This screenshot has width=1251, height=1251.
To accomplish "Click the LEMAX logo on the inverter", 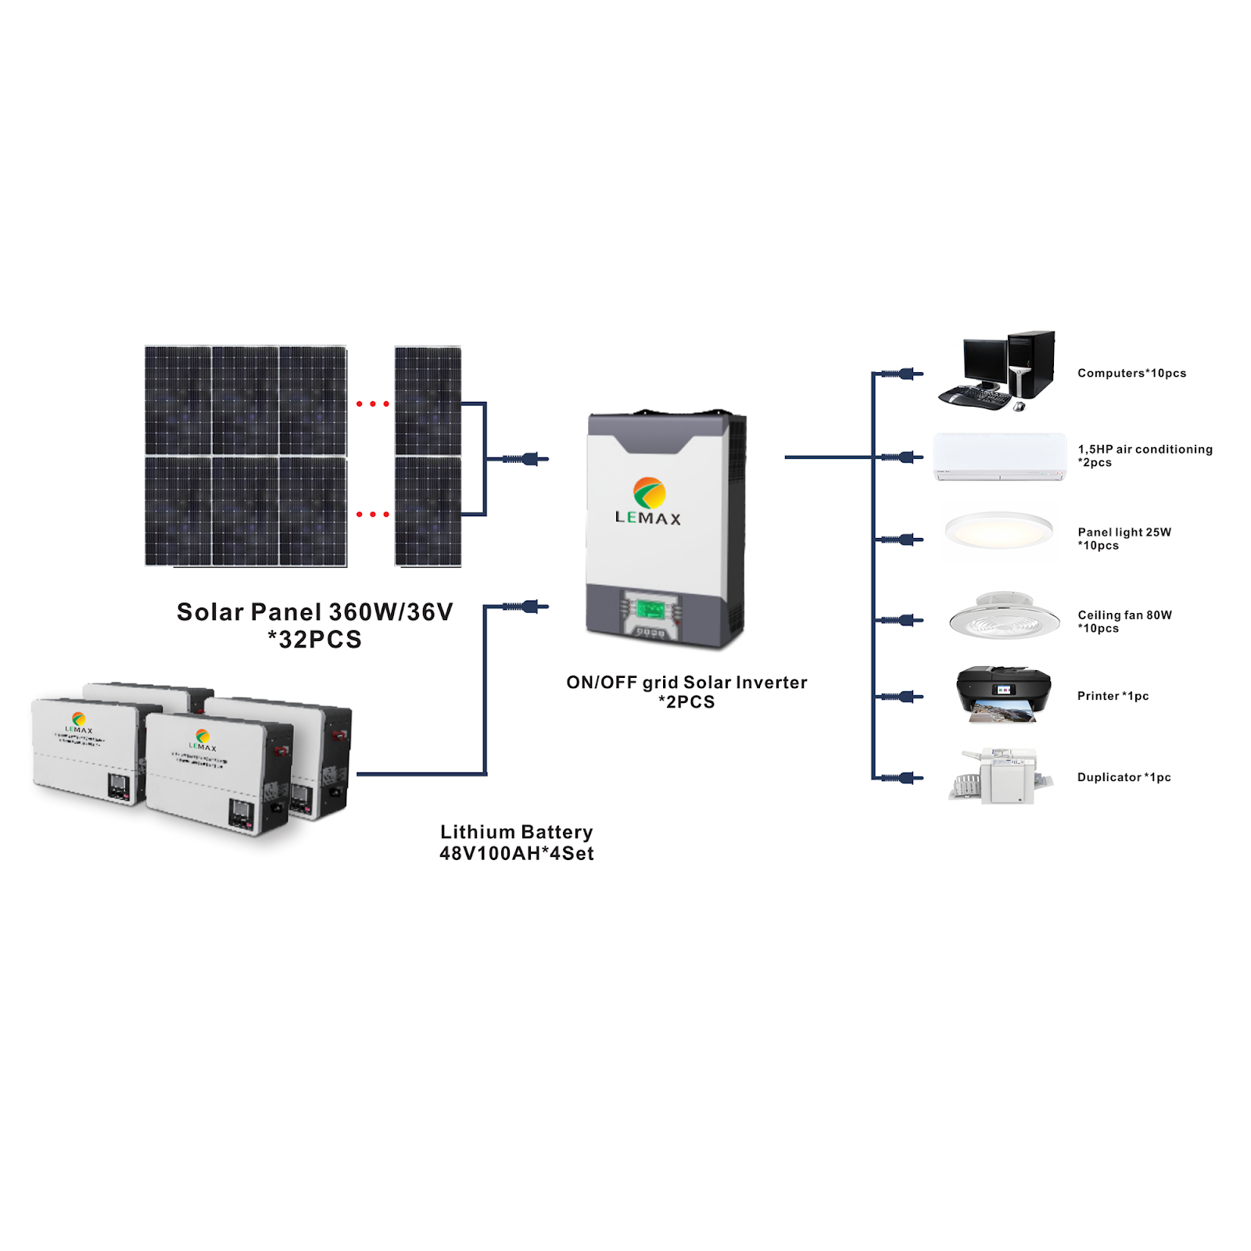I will tap(648, 501).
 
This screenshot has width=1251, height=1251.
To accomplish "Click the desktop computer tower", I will tap(1031, 363).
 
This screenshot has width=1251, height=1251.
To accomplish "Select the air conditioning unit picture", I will tap(999, 456).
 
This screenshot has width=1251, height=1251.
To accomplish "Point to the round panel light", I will tap(998, 531).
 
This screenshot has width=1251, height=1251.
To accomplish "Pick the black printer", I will tap(1003, 693).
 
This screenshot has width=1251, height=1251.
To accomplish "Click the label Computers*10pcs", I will tap(1131, 373).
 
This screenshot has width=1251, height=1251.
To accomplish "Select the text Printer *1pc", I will tap(1113, 696).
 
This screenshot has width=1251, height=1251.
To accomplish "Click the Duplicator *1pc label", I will tap(1124, 777).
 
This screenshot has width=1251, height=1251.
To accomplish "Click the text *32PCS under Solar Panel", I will tap(314, 640).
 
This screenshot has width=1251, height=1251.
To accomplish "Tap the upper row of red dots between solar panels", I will tap(372, 403).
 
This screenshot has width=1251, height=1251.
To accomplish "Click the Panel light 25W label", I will tap(1124, 532).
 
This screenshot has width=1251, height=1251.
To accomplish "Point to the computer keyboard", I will tap(977, 397).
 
